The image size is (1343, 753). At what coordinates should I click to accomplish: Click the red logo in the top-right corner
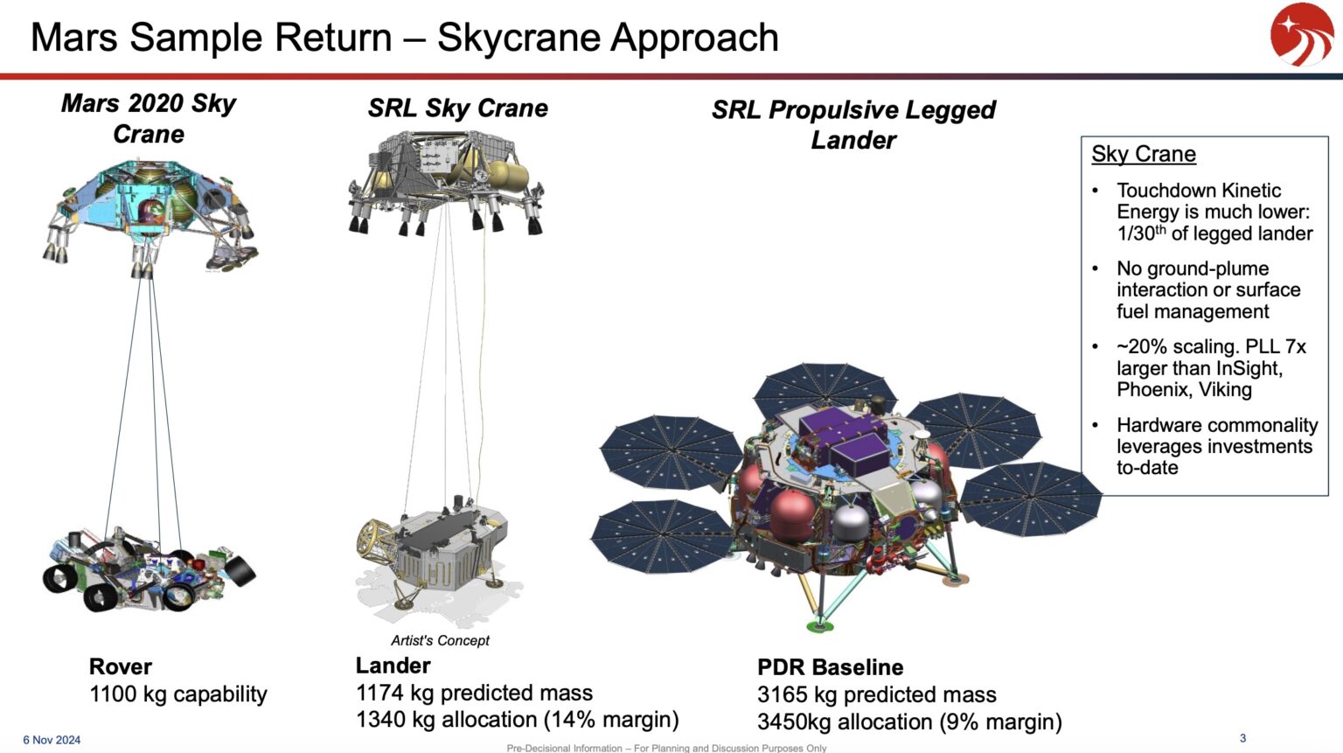click(1301, 35)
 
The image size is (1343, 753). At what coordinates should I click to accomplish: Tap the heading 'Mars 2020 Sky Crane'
click(149, 118)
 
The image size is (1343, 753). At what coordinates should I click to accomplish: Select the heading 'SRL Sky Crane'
click(457, 108)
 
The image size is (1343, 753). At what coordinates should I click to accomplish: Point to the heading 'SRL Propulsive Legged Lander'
click(853, 124)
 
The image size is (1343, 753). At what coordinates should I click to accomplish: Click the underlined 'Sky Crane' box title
click(1143, 154)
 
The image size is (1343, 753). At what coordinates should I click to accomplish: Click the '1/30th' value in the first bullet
click(1141, 234)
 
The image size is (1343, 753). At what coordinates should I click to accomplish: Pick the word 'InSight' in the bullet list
click(1248, 368)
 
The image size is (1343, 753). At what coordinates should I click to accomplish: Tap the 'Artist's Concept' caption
click(440, 640)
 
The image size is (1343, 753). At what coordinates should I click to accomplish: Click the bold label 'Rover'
click(121, 666)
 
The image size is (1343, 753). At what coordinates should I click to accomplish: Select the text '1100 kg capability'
click(178, 694)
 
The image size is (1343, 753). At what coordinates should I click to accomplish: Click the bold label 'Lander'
click(393, 666)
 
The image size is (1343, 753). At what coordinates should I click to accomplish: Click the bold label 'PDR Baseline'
click(830, 667)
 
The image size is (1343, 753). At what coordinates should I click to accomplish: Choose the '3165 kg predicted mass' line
click(876, 694)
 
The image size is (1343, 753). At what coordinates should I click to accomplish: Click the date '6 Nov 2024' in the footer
click(52, 740)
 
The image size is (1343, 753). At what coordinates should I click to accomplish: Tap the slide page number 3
click(1242, 738)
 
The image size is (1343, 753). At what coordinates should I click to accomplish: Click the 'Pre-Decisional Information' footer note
click(666, 748)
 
